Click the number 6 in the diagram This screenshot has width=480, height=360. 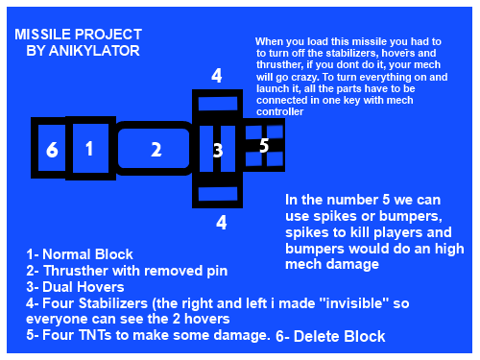tap(52, 149)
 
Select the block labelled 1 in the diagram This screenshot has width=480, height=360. tap(90, 148)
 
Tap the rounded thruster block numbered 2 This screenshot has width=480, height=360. tap(154, 148)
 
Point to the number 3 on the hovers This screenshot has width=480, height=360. tap(218, 150)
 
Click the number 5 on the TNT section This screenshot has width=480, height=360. tap(264, 145)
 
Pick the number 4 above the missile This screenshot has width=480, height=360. tap(217, 76)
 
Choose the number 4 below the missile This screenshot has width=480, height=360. tap(221, 223)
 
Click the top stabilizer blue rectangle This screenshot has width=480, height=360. tap(218, 104)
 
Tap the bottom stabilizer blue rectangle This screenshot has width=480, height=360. tap(218, 194)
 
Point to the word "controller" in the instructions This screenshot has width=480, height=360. tap(279, 111)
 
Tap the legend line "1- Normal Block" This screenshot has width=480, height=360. tap(80, 254)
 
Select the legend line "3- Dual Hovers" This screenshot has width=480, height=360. tap(75, 287)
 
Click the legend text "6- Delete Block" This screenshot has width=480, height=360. tap(330, 336)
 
